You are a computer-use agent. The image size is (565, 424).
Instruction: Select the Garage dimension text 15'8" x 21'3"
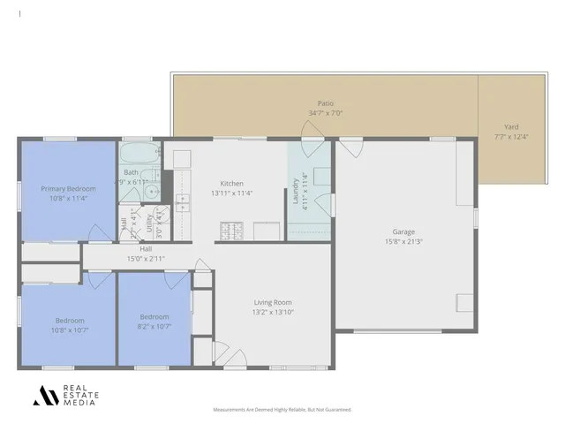click(x=403, y=241)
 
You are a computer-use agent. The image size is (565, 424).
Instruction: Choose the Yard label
click(x=511, y=126)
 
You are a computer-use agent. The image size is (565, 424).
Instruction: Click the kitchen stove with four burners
click(x=231, y=231)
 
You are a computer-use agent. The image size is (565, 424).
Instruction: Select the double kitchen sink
click(x=183, y=203)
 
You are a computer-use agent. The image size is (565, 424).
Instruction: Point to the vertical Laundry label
click(x=295, y=188)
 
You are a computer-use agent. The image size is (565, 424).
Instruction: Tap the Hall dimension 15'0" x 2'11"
click(x=146, y=258)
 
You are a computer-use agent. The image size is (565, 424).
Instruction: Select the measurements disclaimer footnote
click(x=282, y=410)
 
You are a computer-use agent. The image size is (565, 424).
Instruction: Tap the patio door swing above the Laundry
click(x=313, y=131)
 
